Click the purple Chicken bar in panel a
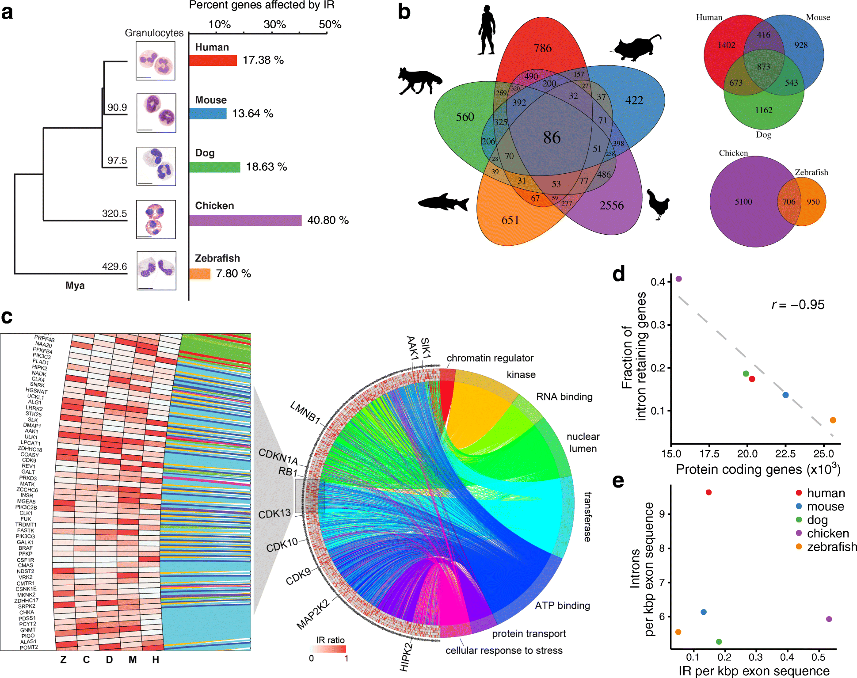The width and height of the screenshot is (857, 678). click(245, 220)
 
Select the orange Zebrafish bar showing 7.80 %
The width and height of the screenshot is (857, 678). click(200, 274)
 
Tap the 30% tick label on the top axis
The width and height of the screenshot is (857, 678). click(274, 24)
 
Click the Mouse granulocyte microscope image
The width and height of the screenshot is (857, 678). click(156, 113)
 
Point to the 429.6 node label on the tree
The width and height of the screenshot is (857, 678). click(114, 267)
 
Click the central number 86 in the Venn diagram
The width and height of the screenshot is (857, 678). click(552, 137)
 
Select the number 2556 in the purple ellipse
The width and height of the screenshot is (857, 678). click(611, 206)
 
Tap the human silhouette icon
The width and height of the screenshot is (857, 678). click(487, 30)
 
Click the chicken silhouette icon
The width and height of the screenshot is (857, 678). click(658, 204)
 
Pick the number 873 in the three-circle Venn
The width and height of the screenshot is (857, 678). click(763, 67)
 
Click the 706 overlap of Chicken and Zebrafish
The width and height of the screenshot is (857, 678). click(789, 202)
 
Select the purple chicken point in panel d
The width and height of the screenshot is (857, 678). click(679, 279)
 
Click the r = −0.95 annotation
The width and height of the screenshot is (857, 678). click(798, 305)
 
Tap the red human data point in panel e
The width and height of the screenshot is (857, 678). click(708, 492)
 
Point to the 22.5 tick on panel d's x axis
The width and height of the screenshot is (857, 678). click(785, 454)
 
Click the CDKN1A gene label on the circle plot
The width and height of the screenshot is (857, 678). click(278, 456)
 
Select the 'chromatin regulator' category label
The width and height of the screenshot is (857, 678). click(490, 358)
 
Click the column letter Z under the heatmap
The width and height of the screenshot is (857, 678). click(63, 659)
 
